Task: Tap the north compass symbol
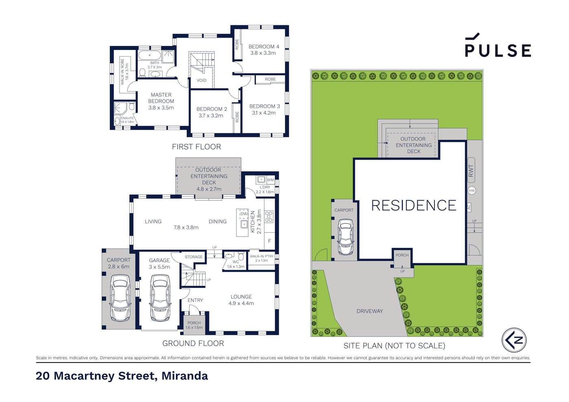pos(514,340)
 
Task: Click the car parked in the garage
pos(160,298)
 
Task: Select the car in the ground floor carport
pos(120,298)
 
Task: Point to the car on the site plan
pos(345,237)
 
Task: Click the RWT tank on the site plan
pos(471,170)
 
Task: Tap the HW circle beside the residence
pos(472,191)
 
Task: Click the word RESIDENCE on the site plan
pos(414,205)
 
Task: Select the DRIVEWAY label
pos(369,311)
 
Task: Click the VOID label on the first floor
pos(202,80)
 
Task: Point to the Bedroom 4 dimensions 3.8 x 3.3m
pos(263,53)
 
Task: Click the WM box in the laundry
pos(270,180)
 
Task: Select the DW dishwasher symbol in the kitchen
pos(243,214)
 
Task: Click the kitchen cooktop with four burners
pos(269,217)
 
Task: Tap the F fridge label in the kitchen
pos(269,241)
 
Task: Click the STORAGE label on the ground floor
pos(193,257)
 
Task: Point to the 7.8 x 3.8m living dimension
pos(186,228)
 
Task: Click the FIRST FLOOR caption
pos(196,147)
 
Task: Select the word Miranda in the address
pos(185,376)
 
